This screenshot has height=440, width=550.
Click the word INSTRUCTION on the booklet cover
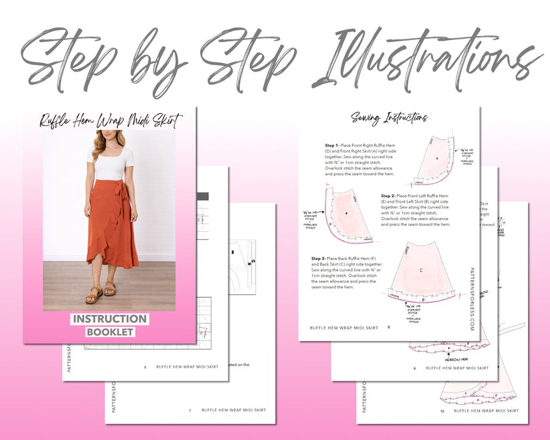[110, 319]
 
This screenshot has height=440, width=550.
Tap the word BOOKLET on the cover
[110, 332]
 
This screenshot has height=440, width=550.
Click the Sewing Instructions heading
[389, 118]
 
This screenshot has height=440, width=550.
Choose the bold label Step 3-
[322, 258]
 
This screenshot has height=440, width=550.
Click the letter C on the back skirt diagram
[421, 270]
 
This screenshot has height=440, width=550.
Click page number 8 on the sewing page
[389, 328]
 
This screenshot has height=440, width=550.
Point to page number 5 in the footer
[145, 367]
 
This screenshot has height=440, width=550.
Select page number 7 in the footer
[189, 410]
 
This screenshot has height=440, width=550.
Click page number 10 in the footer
[441, 411]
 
